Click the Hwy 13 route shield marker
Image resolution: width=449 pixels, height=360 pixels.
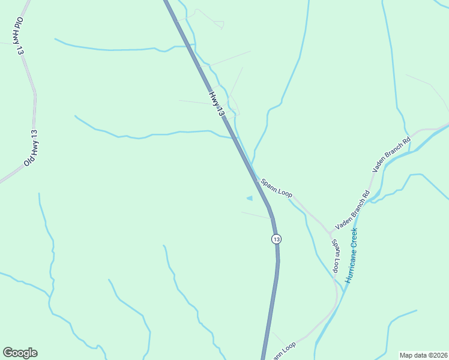tap(276, 239)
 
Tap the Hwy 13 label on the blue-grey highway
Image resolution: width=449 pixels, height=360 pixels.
tap(217, 104)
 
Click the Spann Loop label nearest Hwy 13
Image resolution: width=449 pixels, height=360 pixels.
tap(276, 187)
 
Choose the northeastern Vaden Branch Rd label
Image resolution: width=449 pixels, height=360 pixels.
tap(391, 155)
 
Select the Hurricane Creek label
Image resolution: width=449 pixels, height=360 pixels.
tap(351, 255)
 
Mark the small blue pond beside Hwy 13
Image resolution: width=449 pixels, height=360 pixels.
tap(250, 198)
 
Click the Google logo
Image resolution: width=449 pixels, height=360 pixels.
tap(20, 353)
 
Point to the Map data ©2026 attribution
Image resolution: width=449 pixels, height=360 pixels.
tap(424, 355)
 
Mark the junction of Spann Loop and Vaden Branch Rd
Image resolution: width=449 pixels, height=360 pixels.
tap(330, 231)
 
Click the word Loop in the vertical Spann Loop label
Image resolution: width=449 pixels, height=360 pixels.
tap(337, 262)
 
